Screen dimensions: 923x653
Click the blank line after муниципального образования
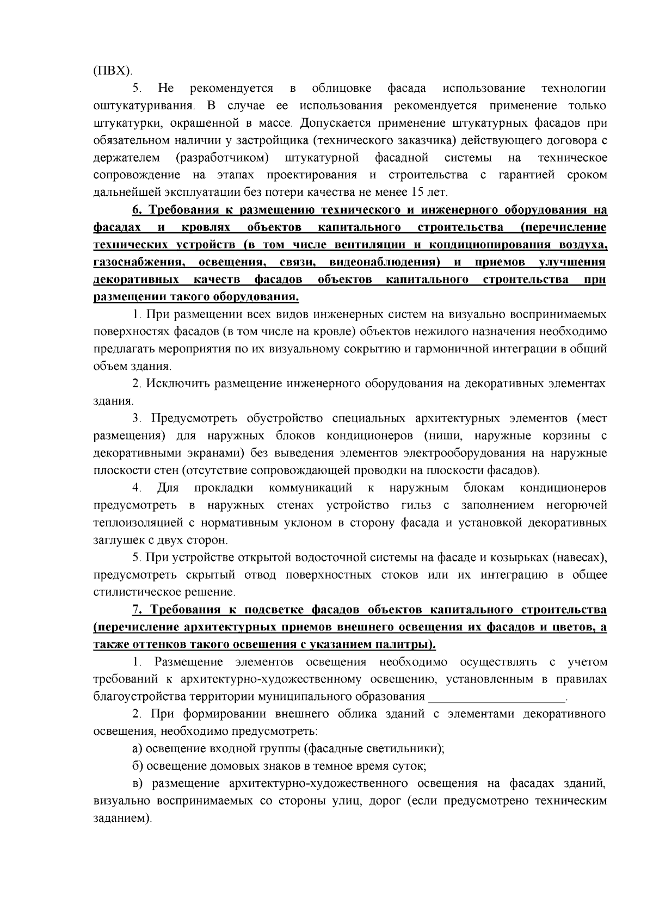coord(497,697)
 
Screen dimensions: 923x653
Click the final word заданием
coord(121,818)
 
